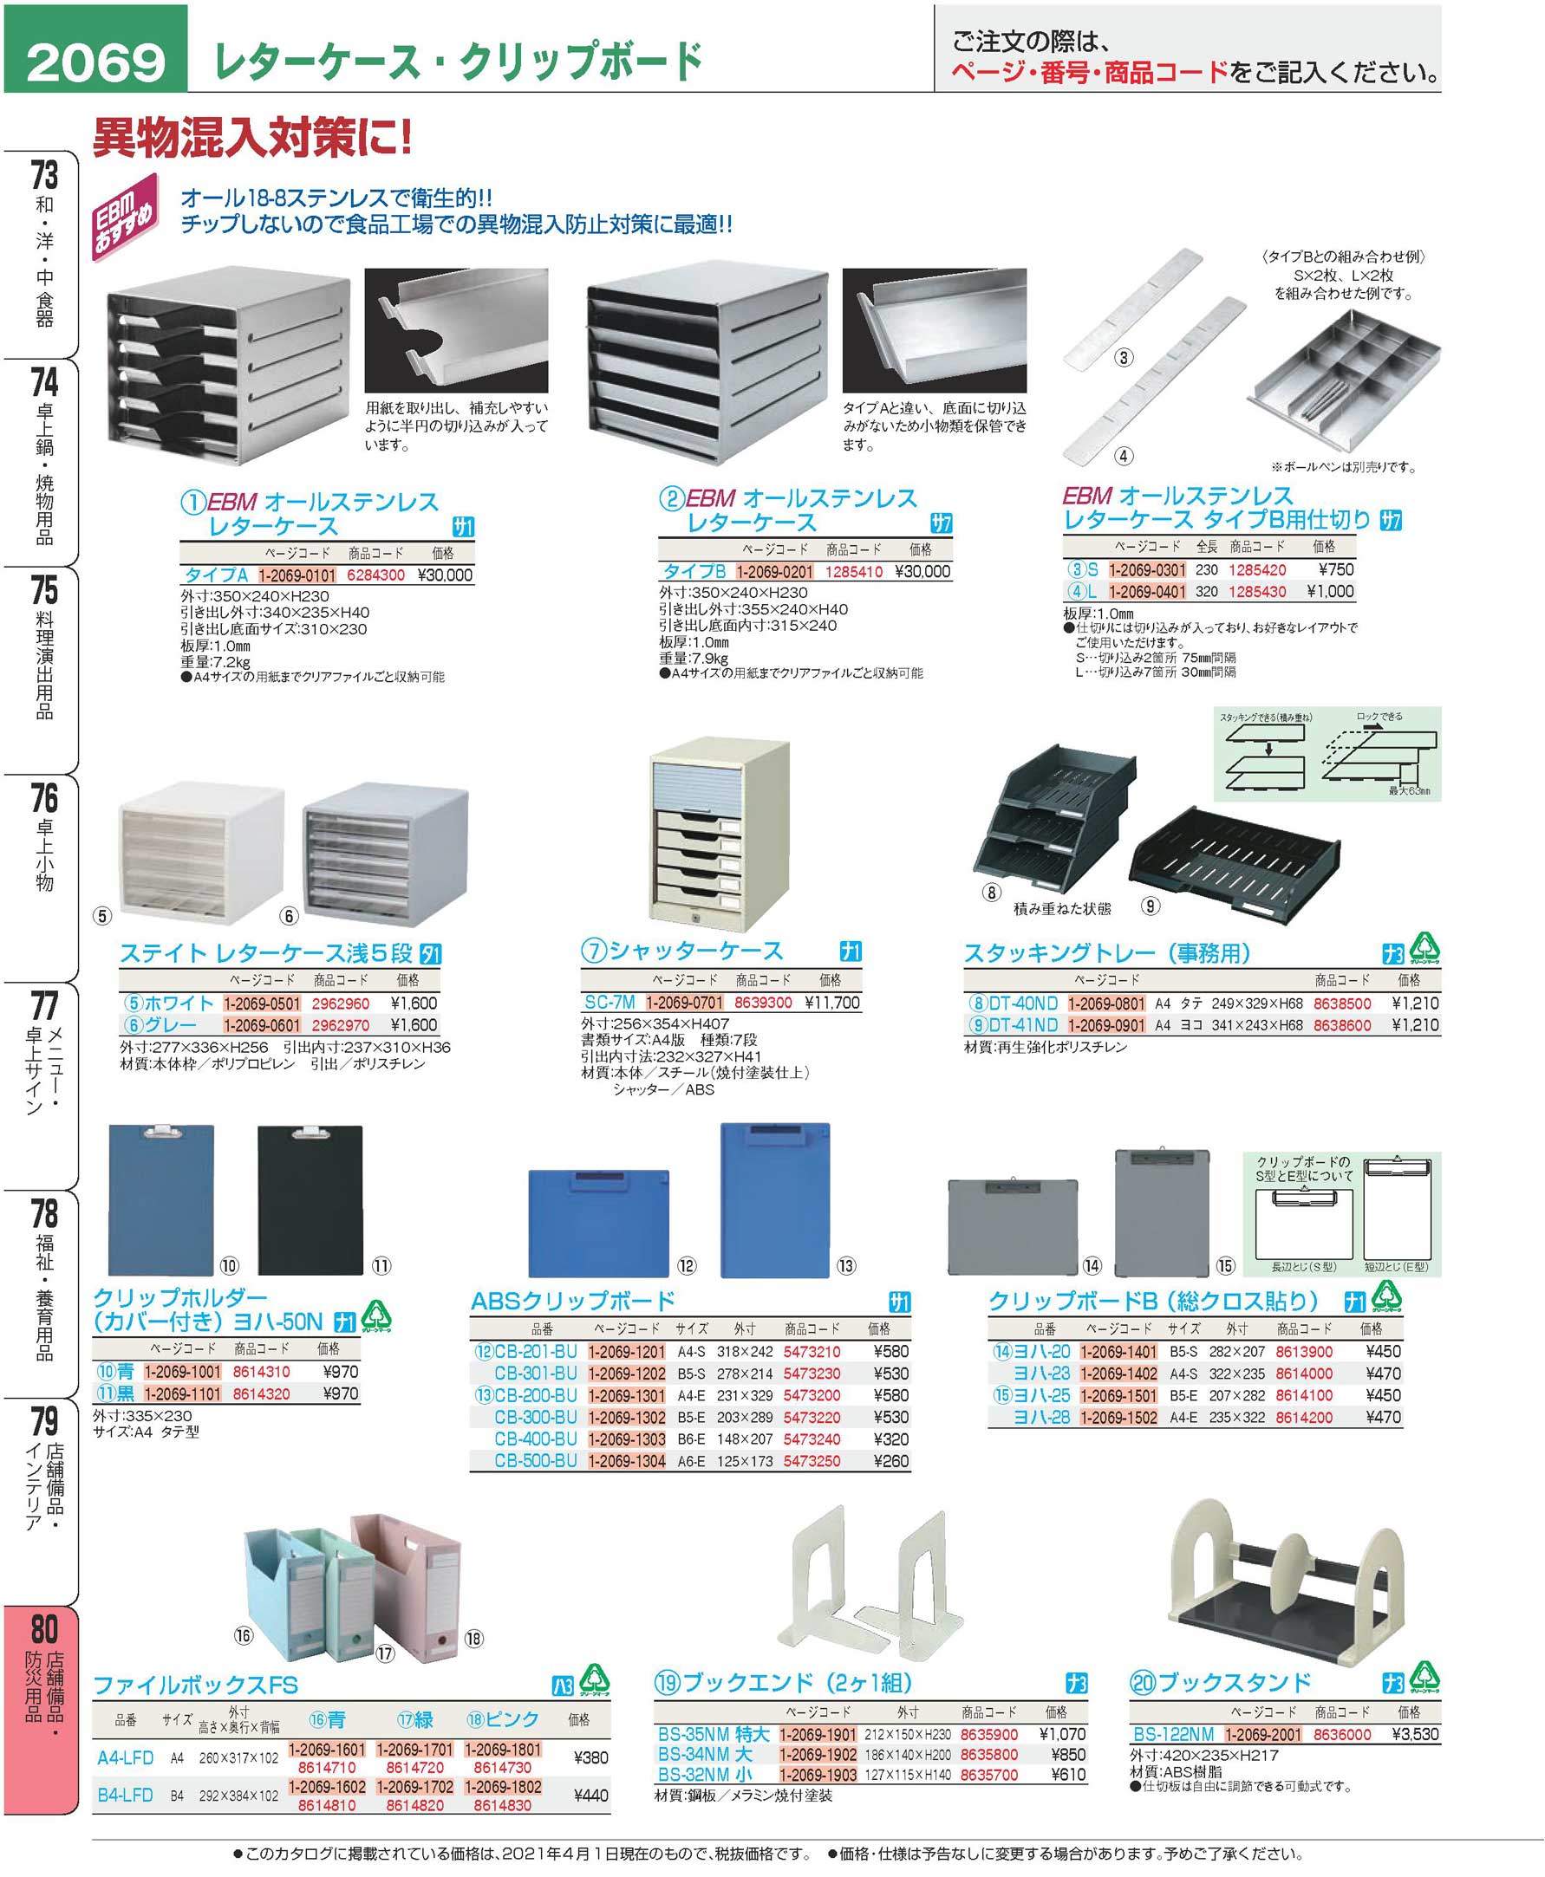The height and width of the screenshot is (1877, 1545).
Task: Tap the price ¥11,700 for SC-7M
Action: pyautogui.click(x=832, y=1003)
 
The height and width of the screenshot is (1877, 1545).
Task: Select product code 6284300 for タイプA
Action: pyautogui.click(x=375, y=575)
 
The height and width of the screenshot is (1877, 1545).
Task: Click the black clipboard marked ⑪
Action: pyautogui.click(x=310, y=1198)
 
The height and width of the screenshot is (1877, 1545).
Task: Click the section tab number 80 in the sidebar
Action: pyautogui.click(x=43, y=1629)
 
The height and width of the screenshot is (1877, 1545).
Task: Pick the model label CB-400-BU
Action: pyautogui.click(x=536, y=1439)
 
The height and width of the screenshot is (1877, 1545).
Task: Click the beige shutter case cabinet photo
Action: pyautogui.click(x=719, y=834)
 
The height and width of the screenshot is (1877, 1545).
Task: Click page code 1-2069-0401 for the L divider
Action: pyautogui.click(x=1146, y=592)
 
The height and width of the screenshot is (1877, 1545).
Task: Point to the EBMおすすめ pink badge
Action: pyautogui.click(x=126, y=217)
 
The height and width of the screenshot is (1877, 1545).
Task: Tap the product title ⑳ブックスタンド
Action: pyautogui.click(x=1220, y=1682)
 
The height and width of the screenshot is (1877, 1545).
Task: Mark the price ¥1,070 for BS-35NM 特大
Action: pyautogui.click(x=1062, y=1734)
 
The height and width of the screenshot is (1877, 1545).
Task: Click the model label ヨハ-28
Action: pyautogui.click(x=1041, y=1417)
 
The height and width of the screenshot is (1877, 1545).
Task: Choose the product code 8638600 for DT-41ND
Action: pyautogui.click(x=1343, y=1025)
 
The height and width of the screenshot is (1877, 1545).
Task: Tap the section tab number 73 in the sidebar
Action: pyautogui.click(x=43, y=175)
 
